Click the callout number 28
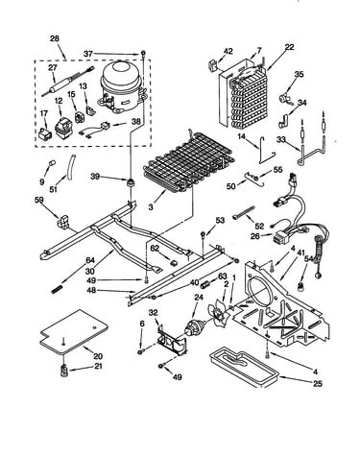pyautogui.click(x=55, y=38)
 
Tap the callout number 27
pyautogui.click(x=53, y=68)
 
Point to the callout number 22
pyautogui.click(x=289, y=47)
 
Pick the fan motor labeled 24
pyautogui.click(x=194, y=329)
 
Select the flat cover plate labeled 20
pyautogui.click(x=74, y=332)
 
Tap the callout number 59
pyautogui.click(x=39, y=200)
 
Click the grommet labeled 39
pyautogui.click(x=130, y=183)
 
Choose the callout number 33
pyautogui.click(x=281, y=139)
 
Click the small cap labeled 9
pyautogui.click(x=51, y=164)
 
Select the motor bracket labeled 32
pyautogui.click(x=171, y=340)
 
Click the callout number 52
pyautogui.click(x=259, y=226)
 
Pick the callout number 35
pyautogui.click(x=299, y=75)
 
